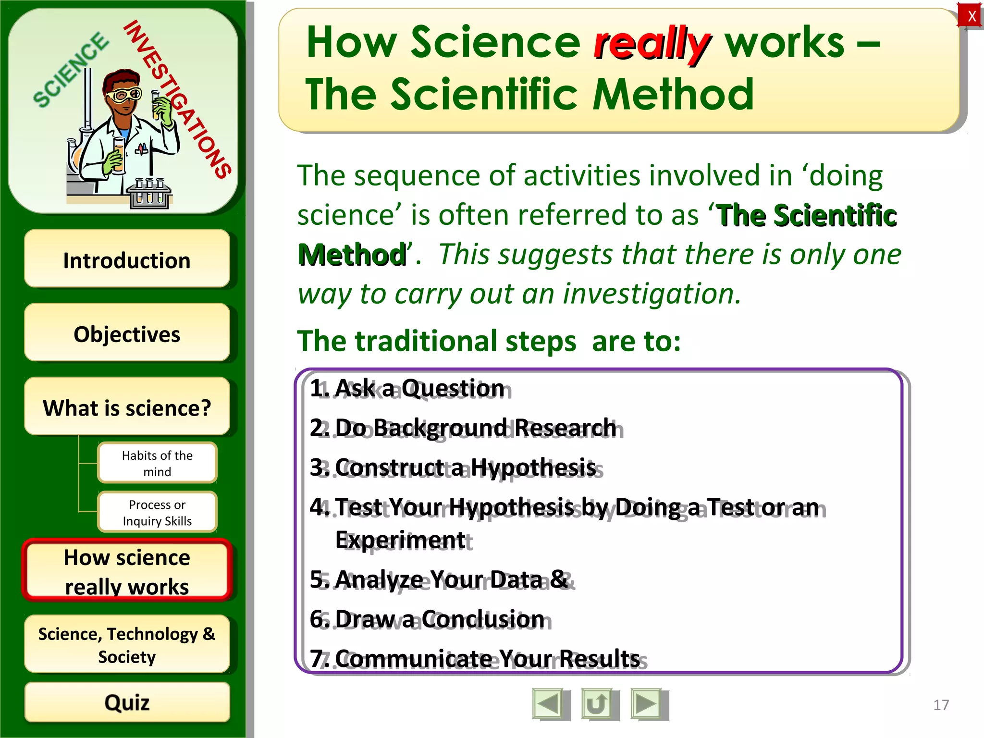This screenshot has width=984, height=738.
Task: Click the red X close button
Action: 971,16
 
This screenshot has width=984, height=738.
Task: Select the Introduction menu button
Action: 127,259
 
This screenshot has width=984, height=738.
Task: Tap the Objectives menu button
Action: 127,333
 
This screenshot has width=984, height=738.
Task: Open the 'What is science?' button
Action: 127,407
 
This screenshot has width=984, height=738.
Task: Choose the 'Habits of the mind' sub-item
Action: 157,463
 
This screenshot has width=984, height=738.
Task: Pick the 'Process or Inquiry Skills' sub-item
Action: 157,513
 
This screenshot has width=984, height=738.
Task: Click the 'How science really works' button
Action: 127,571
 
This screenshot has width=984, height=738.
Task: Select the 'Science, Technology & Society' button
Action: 127,645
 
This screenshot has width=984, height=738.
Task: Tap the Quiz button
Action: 127,702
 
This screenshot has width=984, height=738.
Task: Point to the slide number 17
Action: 941,705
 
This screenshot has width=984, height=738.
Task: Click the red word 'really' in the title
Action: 651,44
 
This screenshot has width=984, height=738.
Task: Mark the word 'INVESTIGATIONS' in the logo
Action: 178,98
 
